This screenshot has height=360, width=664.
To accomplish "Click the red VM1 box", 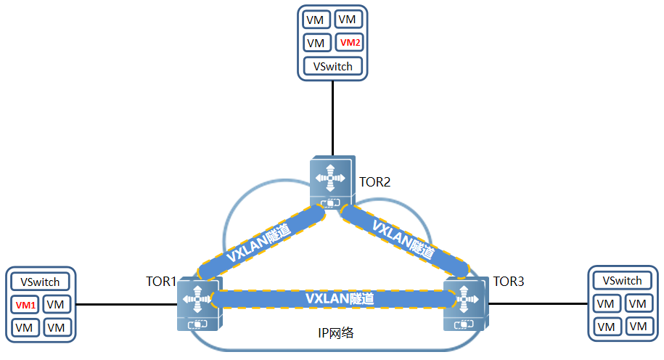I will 26,305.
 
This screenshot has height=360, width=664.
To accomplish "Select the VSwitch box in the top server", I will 333,66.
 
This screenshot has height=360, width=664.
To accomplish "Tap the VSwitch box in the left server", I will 40,282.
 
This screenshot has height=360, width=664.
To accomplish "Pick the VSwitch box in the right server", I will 623,280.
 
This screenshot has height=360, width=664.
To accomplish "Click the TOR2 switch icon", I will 332,180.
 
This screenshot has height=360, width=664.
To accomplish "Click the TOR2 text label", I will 375,181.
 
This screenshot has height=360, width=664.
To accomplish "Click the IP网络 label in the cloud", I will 336,333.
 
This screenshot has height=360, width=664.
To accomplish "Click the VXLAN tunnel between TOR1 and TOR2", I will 261,244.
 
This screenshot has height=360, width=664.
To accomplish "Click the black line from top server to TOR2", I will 332,116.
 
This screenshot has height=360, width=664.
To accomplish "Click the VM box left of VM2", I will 316,43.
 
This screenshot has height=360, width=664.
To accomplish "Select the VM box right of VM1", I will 56,305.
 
